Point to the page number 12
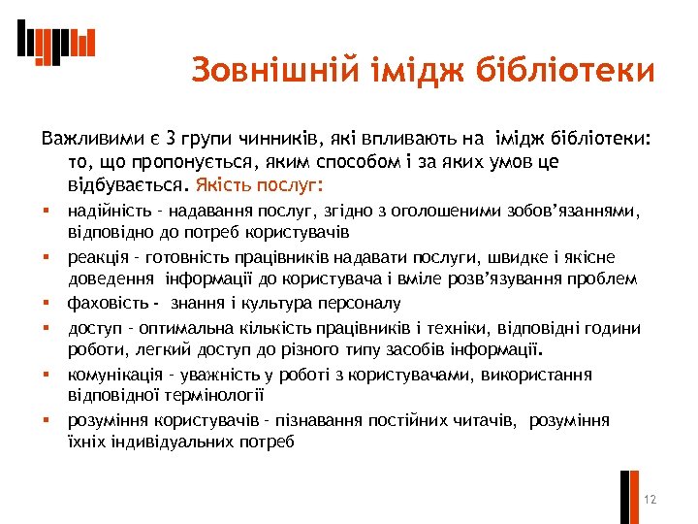click(x=650, y=500)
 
